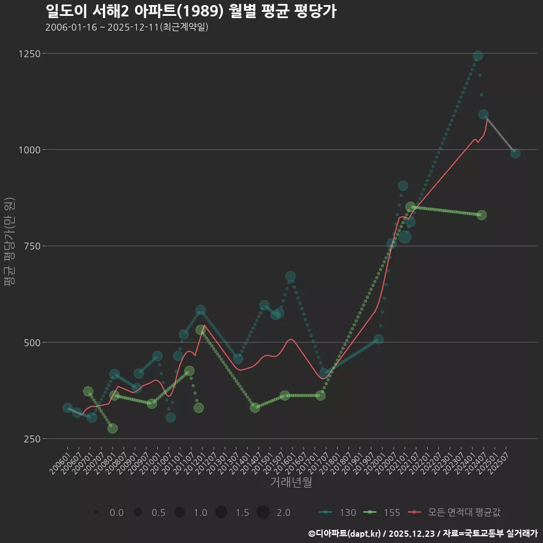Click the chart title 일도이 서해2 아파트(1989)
[x=191, y=11]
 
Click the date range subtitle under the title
[x=127, y=27]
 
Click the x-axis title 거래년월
[x=291, y=482]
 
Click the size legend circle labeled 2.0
[x=262, y=512]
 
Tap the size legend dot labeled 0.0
[x=97, y=512]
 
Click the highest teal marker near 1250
[x=477, y=56]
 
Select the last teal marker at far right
[x=515, y=153]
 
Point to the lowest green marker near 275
[x=113, y=428]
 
